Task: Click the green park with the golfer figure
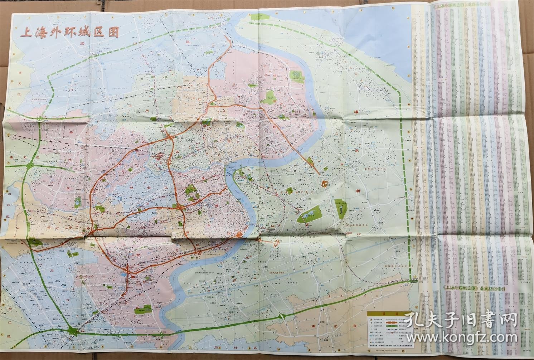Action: tap(340, 206)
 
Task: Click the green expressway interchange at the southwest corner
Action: tap(75, 331)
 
